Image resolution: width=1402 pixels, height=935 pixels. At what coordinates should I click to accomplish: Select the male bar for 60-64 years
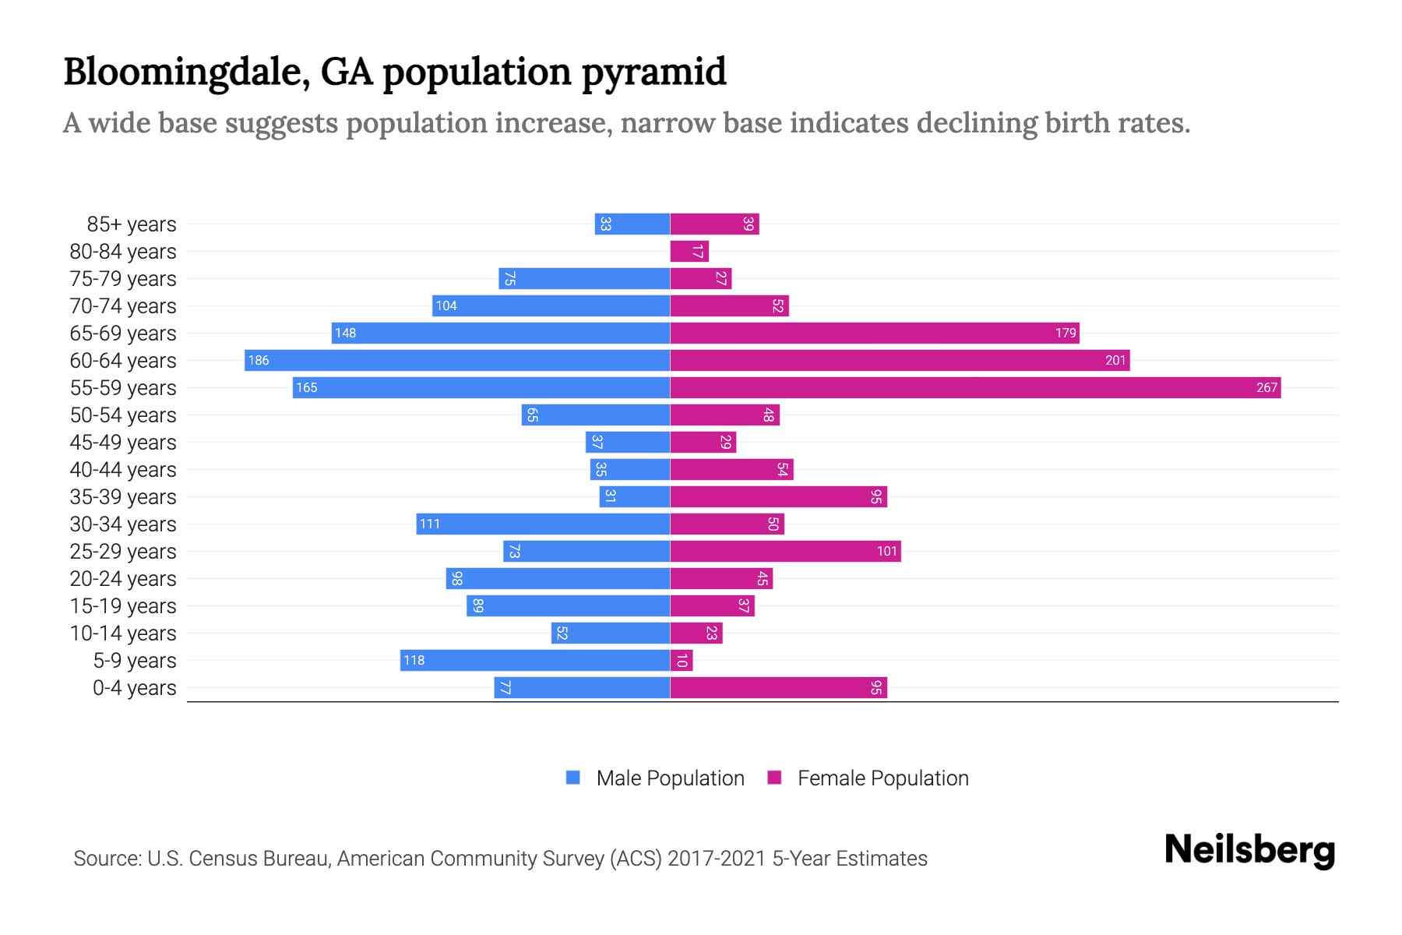pyautogui.click(x=457, y=361)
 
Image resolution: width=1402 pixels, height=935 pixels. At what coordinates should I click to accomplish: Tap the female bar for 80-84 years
pyautogui.click(x=689, y=252)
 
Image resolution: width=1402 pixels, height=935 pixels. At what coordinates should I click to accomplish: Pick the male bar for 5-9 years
pyautogui.click(x=535, y=661)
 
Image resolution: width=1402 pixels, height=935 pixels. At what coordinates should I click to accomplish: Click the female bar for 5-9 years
pyautogui.click(x=682, y=661)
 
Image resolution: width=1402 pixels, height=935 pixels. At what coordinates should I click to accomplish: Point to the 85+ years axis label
pyautogui.click(x=132, y=224)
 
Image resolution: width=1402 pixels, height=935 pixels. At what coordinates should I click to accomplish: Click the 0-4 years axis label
pyautogui.click(x=134, y=688)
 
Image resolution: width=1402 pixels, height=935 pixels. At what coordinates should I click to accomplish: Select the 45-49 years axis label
pyautogui.click(x=123, y=443)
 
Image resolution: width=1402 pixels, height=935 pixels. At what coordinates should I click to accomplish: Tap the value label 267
pyautogui.click(x=1266, y=388)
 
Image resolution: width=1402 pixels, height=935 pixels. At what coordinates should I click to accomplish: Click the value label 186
pyautogui.click(x=259, y=361)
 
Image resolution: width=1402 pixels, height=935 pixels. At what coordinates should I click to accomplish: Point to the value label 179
pyautogui.click(x=1066, y=333)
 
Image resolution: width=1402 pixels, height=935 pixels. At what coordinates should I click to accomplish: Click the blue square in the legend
pyautogui.click(x=573, y=778)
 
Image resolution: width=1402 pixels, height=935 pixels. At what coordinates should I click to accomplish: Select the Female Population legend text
pyautogui.click(x=882, y=778)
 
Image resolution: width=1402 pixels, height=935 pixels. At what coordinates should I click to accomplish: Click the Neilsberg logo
pyautogui.click(x=1249, y=850)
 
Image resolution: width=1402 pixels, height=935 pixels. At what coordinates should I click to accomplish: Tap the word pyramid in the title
pyautogui.click(x=654, y=72)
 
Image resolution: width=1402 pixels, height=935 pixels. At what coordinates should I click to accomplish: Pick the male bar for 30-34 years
pyautogui.click(x=543, y=524)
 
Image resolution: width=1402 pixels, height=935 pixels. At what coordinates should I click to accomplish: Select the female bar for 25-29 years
pyautogui.click(x=785, y=552)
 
